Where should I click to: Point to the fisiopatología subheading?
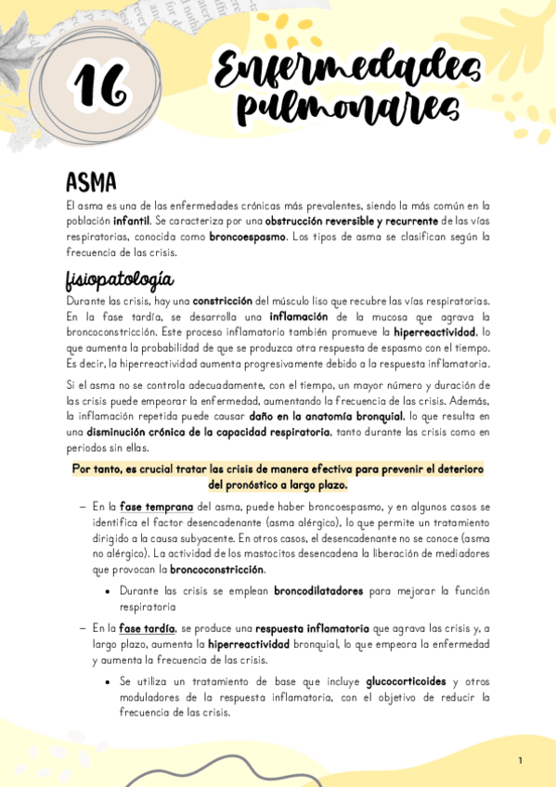120,278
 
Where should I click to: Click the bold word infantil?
131,222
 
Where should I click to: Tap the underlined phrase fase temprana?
156,508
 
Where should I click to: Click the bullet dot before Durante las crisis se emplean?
109,591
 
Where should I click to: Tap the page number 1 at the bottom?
520,761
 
